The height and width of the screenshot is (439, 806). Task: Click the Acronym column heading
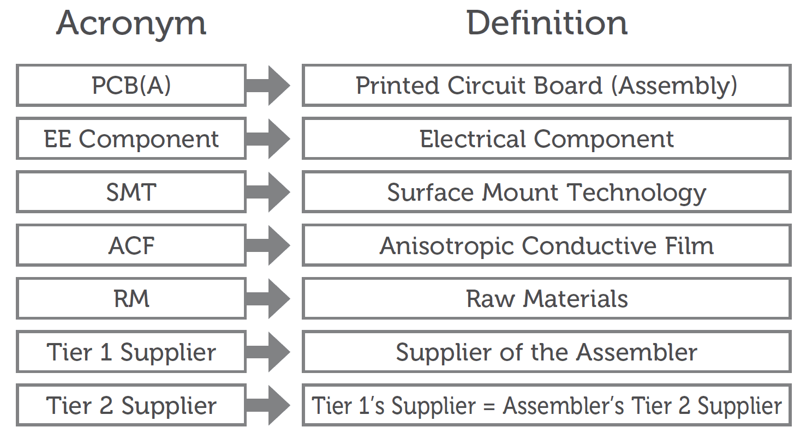[132, 24]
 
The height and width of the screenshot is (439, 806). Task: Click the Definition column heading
[547, 24]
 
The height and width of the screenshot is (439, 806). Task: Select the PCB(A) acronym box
[131, 86]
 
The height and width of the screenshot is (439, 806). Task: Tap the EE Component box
[131, 139]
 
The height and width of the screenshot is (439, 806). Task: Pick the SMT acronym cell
[131, 192]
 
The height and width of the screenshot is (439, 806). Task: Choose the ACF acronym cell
[131, 245]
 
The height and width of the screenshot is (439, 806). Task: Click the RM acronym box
[131, 299]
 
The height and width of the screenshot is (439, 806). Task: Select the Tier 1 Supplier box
[131, 352]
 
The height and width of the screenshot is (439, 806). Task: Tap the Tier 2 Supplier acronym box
[131, 406]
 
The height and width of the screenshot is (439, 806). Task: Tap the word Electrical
[474, 139]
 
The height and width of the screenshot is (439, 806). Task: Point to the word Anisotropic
[447, 246]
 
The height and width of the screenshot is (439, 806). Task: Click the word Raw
[490, 299]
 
